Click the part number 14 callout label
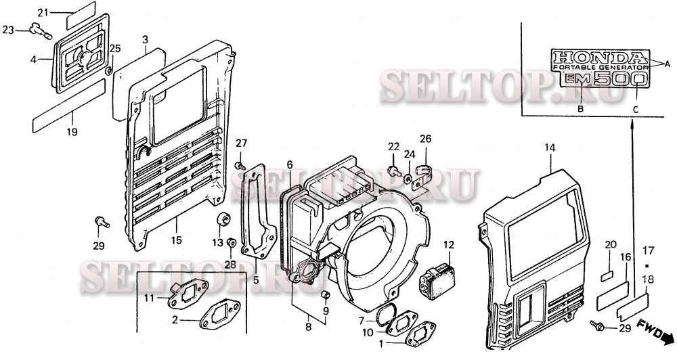[x=549, y=148]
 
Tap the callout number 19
[x=72, y=132]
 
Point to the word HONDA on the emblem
[x=600, y=58]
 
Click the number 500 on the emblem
[x=620, y=79]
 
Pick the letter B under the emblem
[x=581, y=109]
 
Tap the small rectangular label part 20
[x=607, y=276]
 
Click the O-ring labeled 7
[x=385, y=314]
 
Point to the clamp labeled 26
[x=421, y=176]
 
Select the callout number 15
[x=176, y=240]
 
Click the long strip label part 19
[x=68, y=106]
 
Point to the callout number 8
[x=308, y=328]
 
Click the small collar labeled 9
[x=327, y=295]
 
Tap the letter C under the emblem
[x=636, y=110]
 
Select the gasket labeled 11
[x=188, y=294]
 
